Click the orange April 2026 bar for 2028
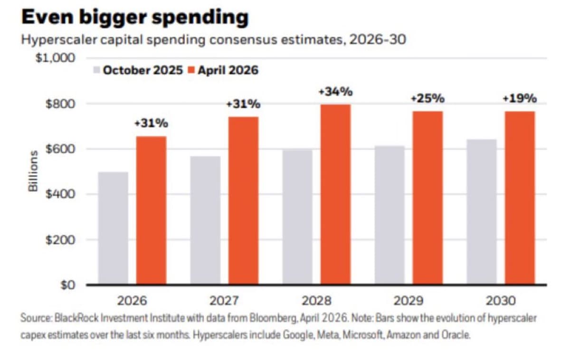(335, 195)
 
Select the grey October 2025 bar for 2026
(113, 228)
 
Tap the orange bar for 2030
(520, 198)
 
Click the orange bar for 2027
(243, 200)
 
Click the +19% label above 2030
(520, 99)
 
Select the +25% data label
(427, 99)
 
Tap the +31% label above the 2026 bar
(151, 123)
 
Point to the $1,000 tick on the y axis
(57, 58)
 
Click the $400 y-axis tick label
(60, 194)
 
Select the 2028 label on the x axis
(316, 301)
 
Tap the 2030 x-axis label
(501, 301)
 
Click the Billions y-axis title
(33, 171)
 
